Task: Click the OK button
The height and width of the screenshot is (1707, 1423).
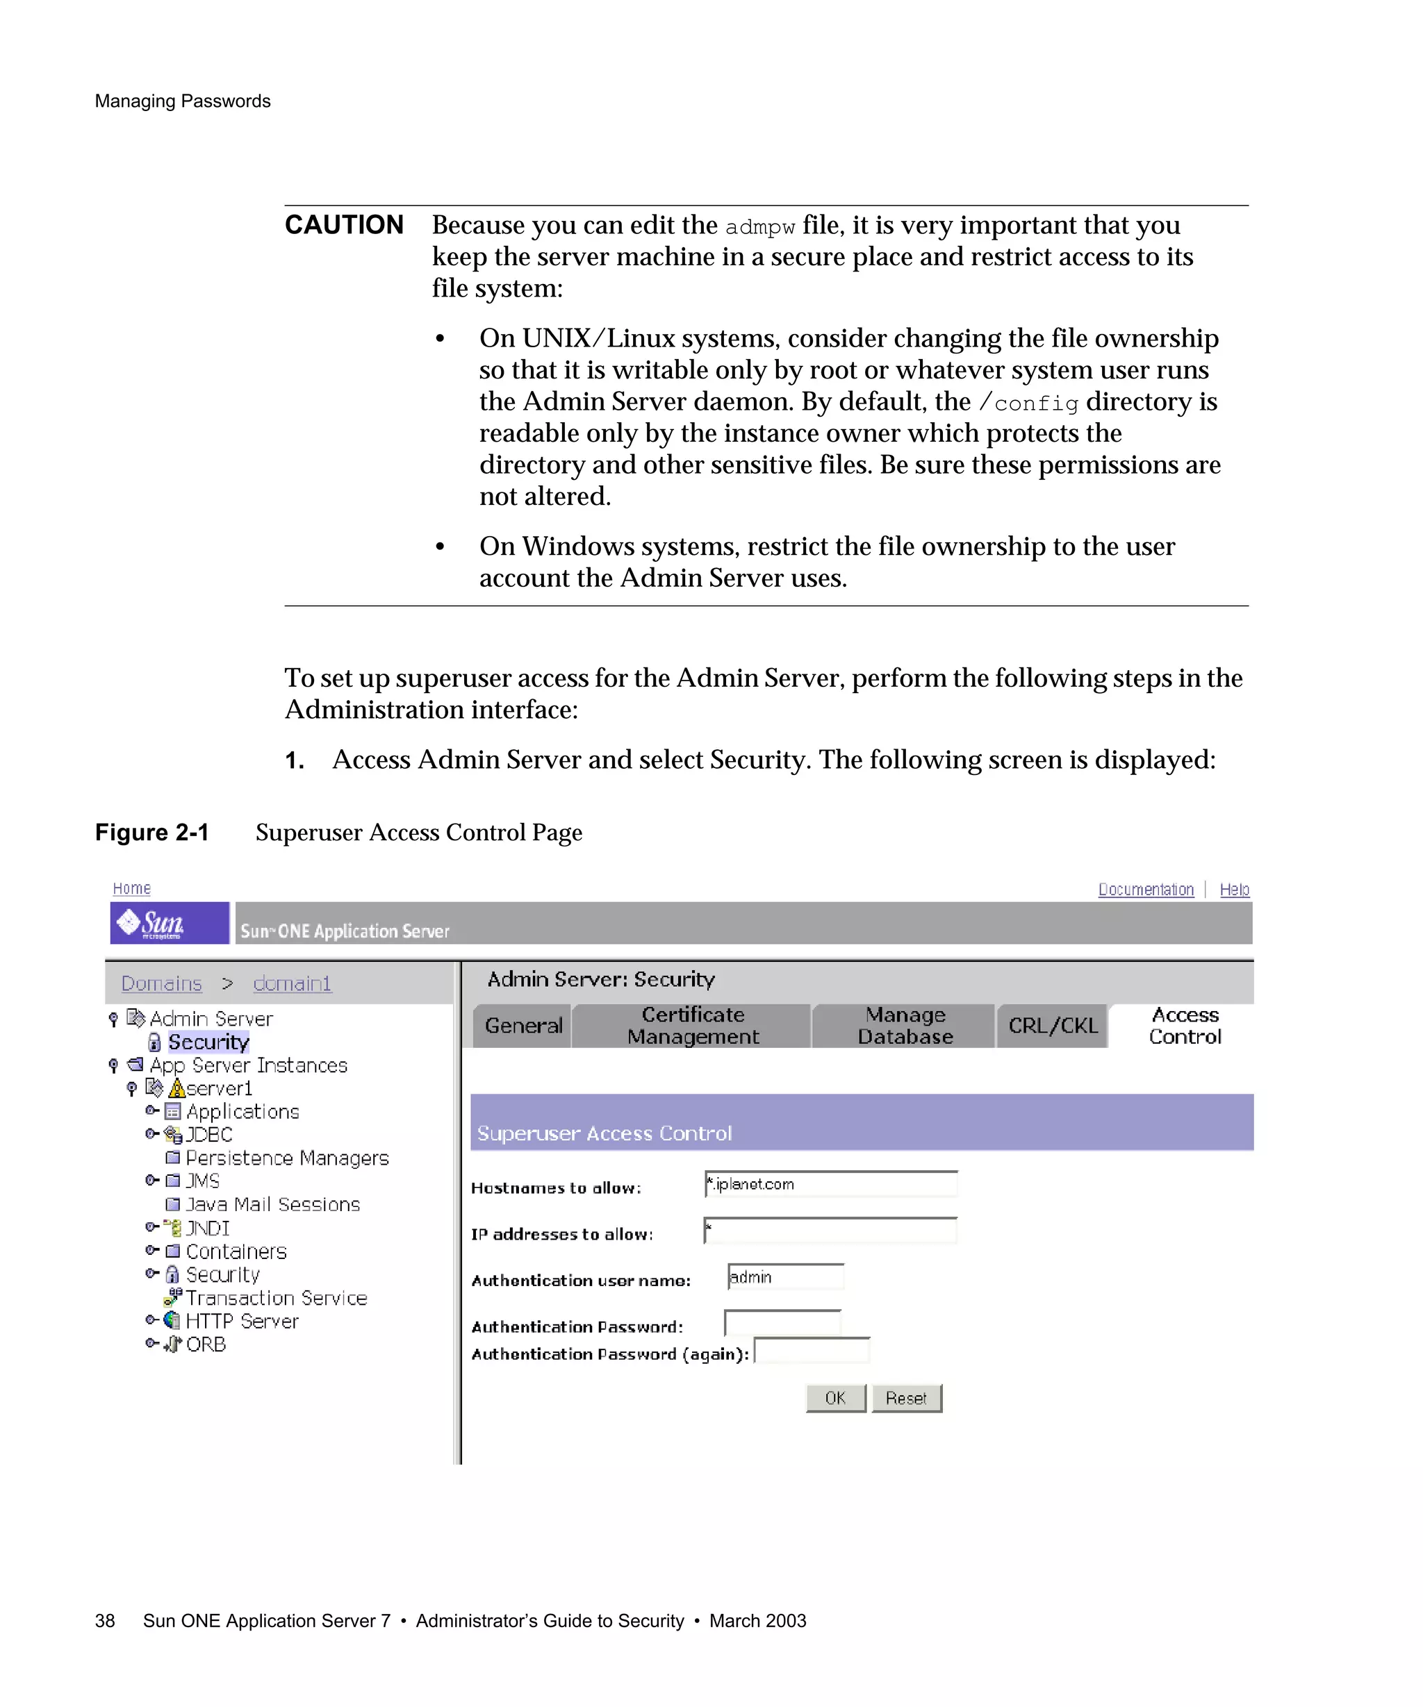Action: coord(835,1398)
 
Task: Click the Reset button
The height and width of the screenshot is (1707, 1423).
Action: coord(906,1398)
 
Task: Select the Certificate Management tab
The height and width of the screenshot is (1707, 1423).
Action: coord(692,1026)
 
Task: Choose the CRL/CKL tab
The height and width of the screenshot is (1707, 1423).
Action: coord(1052,1026)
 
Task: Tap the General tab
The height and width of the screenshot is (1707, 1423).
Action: coord(523,1026)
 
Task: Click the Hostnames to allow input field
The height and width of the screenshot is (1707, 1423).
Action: coord(831,1184)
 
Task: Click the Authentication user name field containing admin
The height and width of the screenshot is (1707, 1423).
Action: coord(785,1277)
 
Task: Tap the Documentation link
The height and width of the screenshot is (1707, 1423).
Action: coord(1145,890)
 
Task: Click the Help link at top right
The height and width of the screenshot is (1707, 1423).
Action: coord(1233,890)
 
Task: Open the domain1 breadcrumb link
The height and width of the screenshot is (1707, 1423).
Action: coord(292,983)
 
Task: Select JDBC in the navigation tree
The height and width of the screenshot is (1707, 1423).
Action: coord(209,1135)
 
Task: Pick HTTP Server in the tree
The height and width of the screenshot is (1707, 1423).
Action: coord(242,1322)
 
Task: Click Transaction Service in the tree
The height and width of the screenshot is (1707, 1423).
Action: coord(276,1298)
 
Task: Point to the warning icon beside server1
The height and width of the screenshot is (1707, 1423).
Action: coord(176,1088)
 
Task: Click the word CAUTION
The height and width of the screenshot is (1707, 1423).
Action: coord(344,225)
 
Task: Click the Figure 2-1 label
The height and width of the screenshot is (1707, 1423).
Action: coord(152,833)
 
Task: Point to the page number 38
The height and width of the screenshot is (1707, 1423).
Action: coord(105,1621)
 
